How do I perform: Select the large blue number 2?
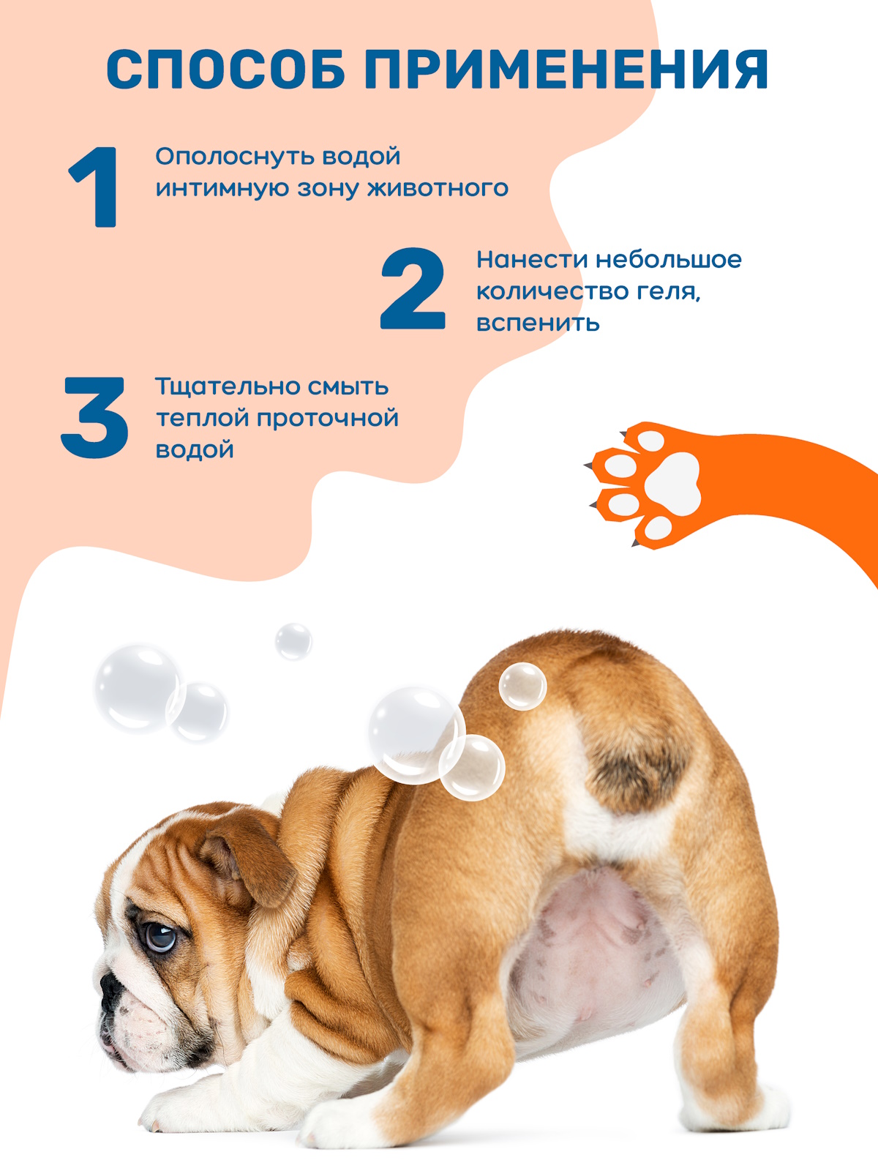point(413,288)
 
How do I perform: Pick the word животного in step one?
point(438,189)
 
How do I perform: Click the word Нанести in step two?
point(531,260)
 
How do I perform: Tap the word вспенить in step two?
point(538,323)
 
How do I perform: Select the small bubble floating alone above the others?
point(293,641)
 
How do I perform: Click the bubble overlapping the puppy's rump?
point(522,686)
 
